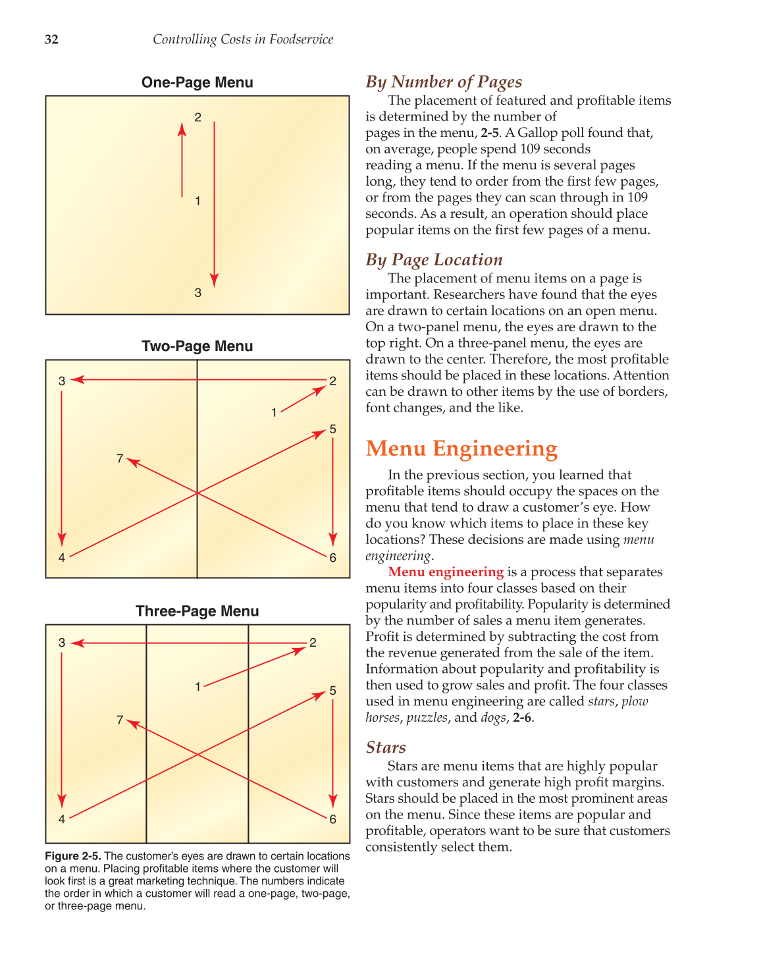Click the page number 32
(x=51, y=40)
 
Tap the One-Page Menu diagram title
(x=197, y=83)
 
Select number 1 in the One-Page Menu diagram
(x=197, y=202)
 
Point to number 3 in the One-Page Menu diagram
(x=197, y=293)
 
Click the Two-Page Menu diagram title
(x=197, y=346)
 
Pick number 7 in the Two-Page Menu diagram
(x=120, y=458)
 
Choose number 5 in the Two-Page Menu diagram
(x=333, y=429)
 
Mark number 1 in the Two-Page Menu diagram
(x=274, y=413)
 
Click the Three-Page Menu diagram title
(x=197, y=611)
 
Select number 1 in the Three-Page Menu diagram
(x=197, y=687)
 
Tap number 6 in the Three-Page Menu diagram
(x=333, y=819)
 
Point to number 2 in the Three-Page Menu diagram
(x=313, y=643)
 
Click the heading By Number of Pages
(x=444, y=82)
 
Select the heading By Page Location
(x=434, y=260)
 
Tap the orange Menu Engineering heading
(x=461, y=448)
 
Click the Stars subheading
(x=386, y=747)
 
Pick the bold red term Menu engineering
(x=446, y=572)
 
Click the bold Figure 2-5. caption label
(x=73, y=856)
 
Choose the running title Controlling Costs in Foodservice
(x=243, y=40)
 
